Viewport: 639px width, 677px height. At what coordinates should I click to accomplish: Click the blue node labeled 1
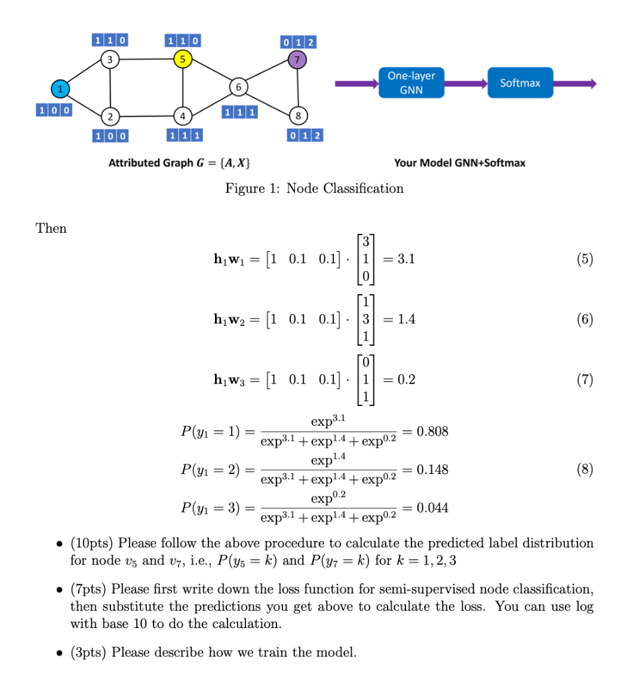click(x=60, y=88)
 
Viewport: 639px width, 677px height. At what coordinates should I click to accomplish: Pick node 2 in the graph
click(x=110, y=116)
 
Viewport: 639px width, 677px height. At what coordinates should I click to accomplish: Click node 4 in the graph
click(x=181, y=116)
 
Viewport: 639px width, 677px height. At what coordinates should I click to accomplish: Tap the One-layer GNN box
click(x=411, y=83)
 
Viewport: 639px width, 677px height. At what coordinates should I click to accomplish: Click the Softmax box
click(x=520, y=83)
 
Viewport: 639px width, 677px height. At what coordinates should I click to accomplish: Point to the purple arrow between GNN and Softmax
click(x=466, y=83)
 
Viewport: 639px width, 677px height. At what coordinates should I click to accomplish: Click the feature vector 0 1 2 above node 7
click(x=298, y=43)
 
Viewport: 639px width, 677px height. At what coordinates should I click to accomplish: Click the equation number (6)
click(x=583, y=320)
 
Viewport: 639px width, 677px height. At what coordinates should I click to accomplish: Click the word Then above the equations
click(x=51, y=228)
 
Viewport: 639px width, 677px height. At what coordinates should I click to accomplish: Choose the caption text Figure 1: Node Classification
click(x=314, y=188)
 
